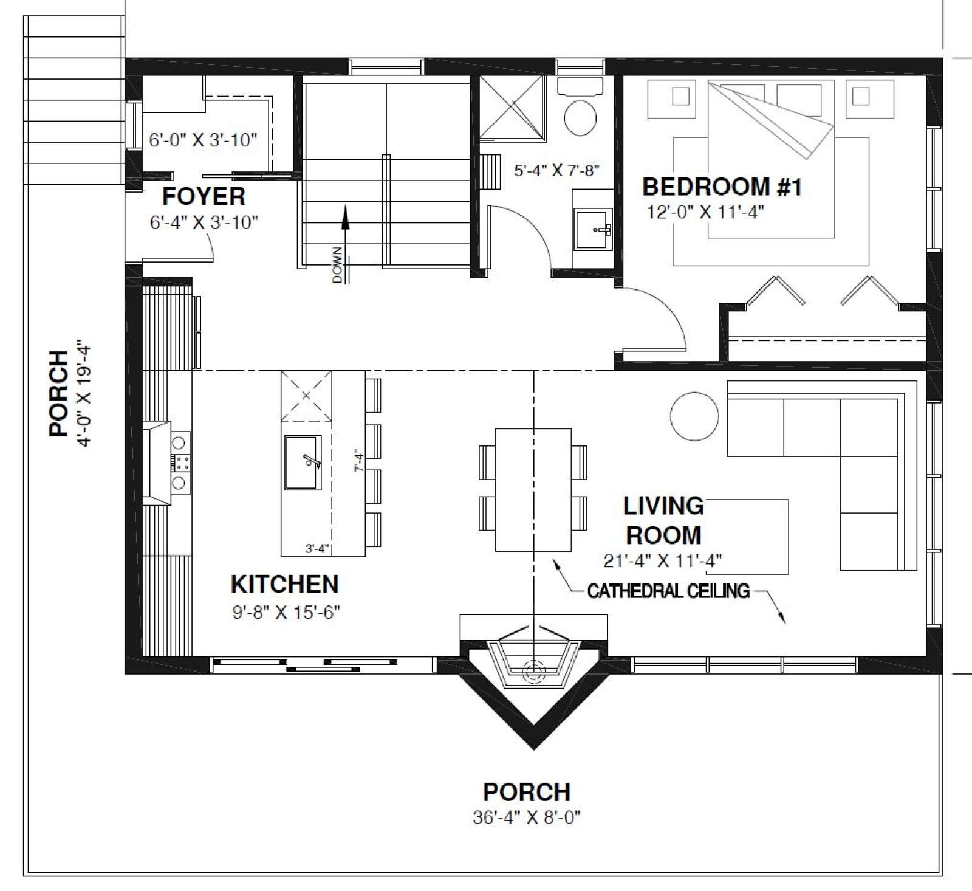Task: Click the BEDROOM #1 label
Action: pyautogui.click(x=722, y=187)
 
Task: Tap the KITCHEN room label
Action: pyautogui.click(x=284, y=584)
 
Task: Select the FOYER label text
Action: pyautogui.click(x=204, y=196)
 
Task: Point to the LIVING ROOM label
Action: pyautogui.click(x=663, y=520)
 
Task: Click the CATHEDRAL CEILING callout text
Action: pyautogui.click(x=668, y=591)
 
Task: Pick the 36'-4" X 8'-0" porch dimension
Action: pyautogui.click(x=527, y=817)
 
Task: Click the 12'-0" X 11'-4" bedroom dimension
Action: pyautogui.click(x=705, y=212)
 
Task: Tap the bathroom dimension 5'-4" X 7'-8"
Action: pyautogui.click(x=557, y=171)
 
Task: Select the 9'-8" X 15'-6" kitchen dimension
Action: pyautogui.click(x=286, y=612)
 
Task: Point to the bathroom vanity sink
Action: pyautogui.click(x=593, y=229)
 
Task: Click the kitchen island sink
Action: pyautogui.click(x=303, y=462)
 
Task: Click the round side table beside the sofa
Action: pyautogui.click(x=694, y=416)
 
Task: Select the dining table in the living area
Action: pyautogui.click(x=533, y=489)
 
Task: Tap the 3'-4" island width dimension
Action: pyautogui.click(x=317, y=549)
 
